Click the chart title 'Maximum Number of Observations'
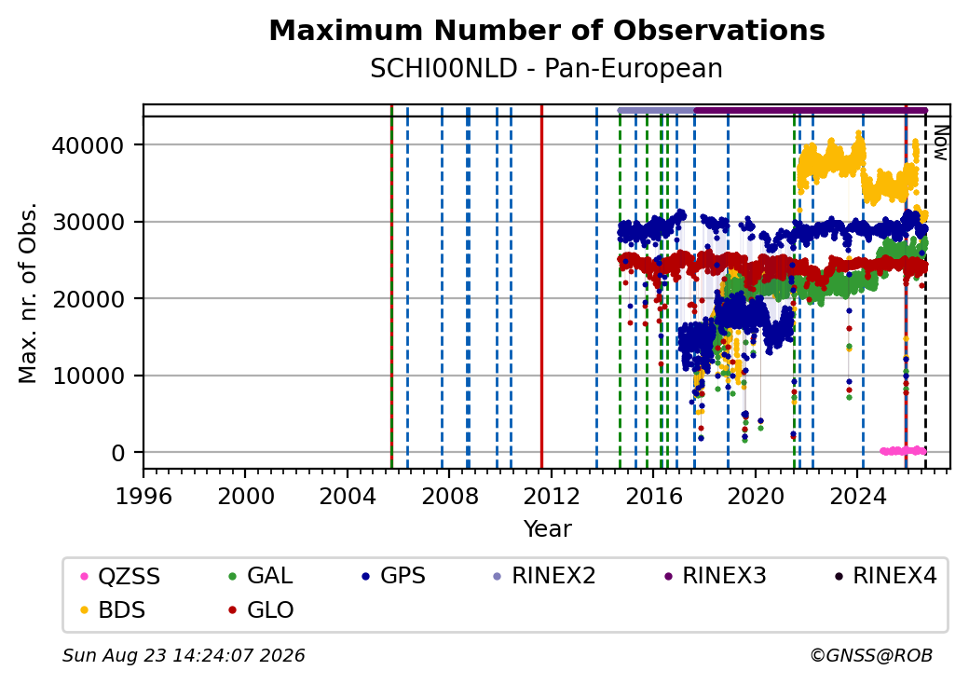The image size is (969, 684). (x=547, y=30)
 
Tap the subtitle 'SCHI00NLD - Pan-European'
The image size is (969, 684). (x=546, y=69)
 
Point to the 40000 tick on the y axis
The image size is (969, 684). (x=89, y=145)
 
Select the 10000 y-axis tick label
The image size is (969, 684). (x=89, y=376)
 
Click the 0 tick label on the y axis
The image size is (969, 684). (x=118, y=453)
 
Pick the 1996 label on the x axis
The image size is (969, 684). (x=143, y=496)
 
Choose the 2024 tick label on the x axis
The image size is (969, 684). (x=857, y=496)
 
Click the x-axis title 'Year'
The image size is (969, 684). (x=548, y=529)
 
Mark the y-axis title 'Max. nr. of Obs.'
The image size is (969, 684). (x=28, y=293)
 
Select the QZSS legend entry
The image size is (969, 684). (x=121, y=577)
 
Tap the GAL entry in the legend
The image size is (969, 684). (x=261, y=576)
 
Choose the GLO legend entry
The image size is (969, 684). (x=261, y=609)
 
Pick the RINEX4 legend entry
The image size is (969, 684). (x=885, y=576)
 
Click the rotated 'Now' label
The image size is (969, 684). (x=940, y=143)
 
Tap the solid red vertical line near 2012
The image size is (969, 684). (x=542, y=287)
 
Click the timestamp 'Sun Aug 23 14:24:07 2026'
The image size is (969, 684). (x=184, y=655)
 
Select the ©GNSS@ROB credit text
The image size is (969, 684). (x=871, y=655)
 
